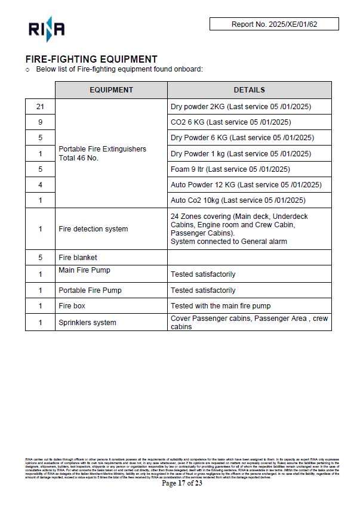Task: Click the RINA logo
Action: click(46, 29)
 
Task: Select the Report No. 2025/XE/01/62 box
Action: click(274, 24)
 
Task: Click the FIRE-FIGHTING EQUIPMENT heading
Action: click(91, 60)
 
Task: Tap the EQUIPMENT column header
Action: click(111, 90)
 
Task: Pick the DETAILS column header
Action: click(249, 90)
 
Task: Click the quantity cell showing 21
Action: click(40, 107)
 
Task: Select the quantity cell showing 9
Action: click(40, 122)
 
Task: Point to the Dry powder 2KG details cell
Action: click(241, 107)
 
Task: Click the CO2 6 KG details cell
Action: click(230, 122)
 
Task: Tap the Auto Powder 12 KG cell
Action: click(246, 184)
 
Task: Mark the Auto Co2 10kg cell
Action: click(238, 200)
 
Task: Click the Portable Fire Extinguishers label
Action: click(102, 149)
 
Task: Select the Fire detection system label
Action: click(93, 229)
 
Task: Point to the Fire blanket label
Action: click(78, 258)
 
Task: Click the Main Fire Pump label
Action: click(84, 270)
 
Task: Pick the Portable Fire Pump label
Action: click(90, 290)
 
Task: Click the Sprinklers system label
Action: click(87, 323)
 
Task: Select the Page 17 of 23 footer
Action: click(182, 483)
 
